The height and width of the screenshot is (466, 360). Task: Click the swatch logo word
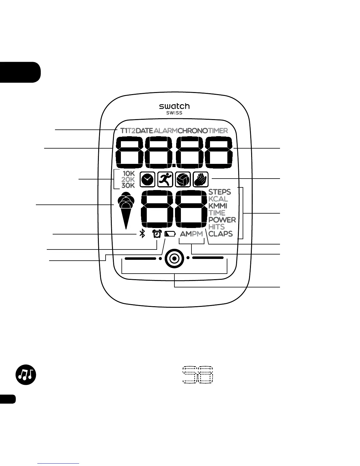tap(174, 106)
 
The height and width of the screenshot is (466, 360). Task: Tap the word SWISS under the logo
tap(174, 113)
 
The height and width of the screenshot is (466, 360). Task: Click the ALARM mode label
tap(166, 131)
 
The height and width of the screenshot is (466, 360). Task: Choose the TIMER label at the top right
tap(218, 131)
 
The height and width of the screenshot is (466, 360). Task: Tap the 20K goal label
tap(128, 179)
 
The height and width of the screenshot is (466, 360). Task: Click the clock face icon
tap(148, 179)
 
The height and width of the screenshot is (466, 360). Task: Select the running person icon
tap(165, 179)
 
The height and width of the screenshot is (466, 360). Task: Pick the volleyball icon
tap(183, 179)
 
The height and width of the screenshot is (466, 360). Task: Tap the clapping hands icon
tap(201, 179)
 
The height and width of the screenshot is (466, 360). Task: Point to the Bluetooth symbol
tap(142, 234)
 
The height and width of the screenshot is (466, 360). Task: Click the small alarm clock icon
tap(157, 234)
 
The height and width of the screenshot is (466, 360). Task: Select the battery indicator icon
tap(170, 234)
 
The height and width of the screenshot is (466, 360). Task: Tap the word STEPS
tap(220, 192)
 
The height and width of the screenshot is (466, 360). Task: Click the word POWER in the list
tap(222, 220)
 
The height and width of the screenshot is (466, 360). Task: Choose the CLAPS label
tap(221, 234)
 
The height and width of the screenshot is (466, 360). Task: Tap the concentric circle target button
tap(174, 259)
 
